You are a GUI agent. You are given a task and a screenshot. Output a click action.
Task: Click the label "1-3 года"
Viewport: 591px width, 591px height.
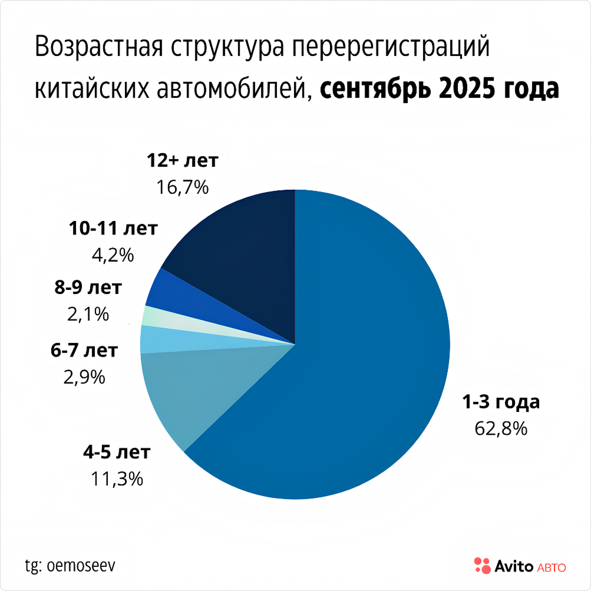point(500,402)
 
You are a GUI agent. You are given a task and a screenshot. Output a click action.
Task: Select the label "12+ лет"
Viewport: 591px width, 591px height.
point(182,160)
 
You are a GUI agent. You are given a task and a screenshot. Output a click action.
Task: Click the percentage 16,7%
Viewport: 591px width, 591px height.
point(182,187)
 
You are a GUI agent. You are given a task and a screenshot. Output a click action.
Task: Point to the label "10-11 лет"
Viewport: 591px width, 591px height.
point(113,228)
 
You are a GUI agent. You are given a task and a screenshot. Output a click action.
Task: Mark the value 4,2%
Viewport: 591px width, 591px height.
point(113,255)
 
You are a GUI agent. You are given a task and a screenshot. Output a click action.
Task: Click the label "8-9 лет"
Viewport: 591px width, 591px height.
point(88,288)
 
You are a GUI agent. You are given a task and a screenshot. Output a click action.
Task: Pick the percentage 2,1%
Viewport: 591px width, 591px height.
point(88,315)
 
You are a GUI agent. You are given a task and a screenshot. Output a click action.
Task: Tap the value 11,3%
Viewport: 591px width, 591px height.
point(117,479)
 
